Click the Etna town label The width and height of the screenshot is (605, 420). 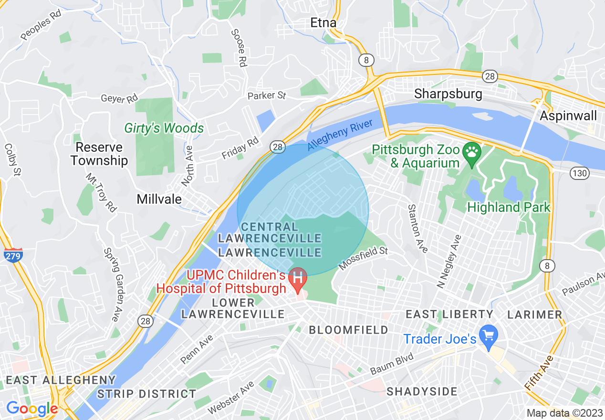point(323,22)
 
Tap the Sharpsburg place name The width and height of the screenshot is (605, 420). point(448,94)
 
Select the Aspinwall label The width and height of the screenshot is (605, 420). point(568,115)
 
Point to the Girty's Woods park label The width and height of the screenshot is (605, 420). point(164,128)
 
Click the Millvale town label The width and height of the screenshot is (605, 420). point(159,199)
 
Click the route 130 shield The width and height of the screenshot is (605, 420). point(580,173)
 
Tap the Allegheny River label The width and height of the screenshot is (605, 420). point(339,135)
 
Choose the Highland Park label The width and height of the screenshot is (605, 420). point(509,208)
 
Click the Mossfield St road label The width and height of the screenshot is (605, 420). point(363,258)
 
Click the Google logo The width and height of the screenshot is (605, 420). point(32,409)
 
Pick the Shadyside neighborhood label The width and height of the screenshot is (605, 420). point(422,392)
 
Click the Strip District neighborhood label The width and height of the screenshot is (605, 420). point(146,394)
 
